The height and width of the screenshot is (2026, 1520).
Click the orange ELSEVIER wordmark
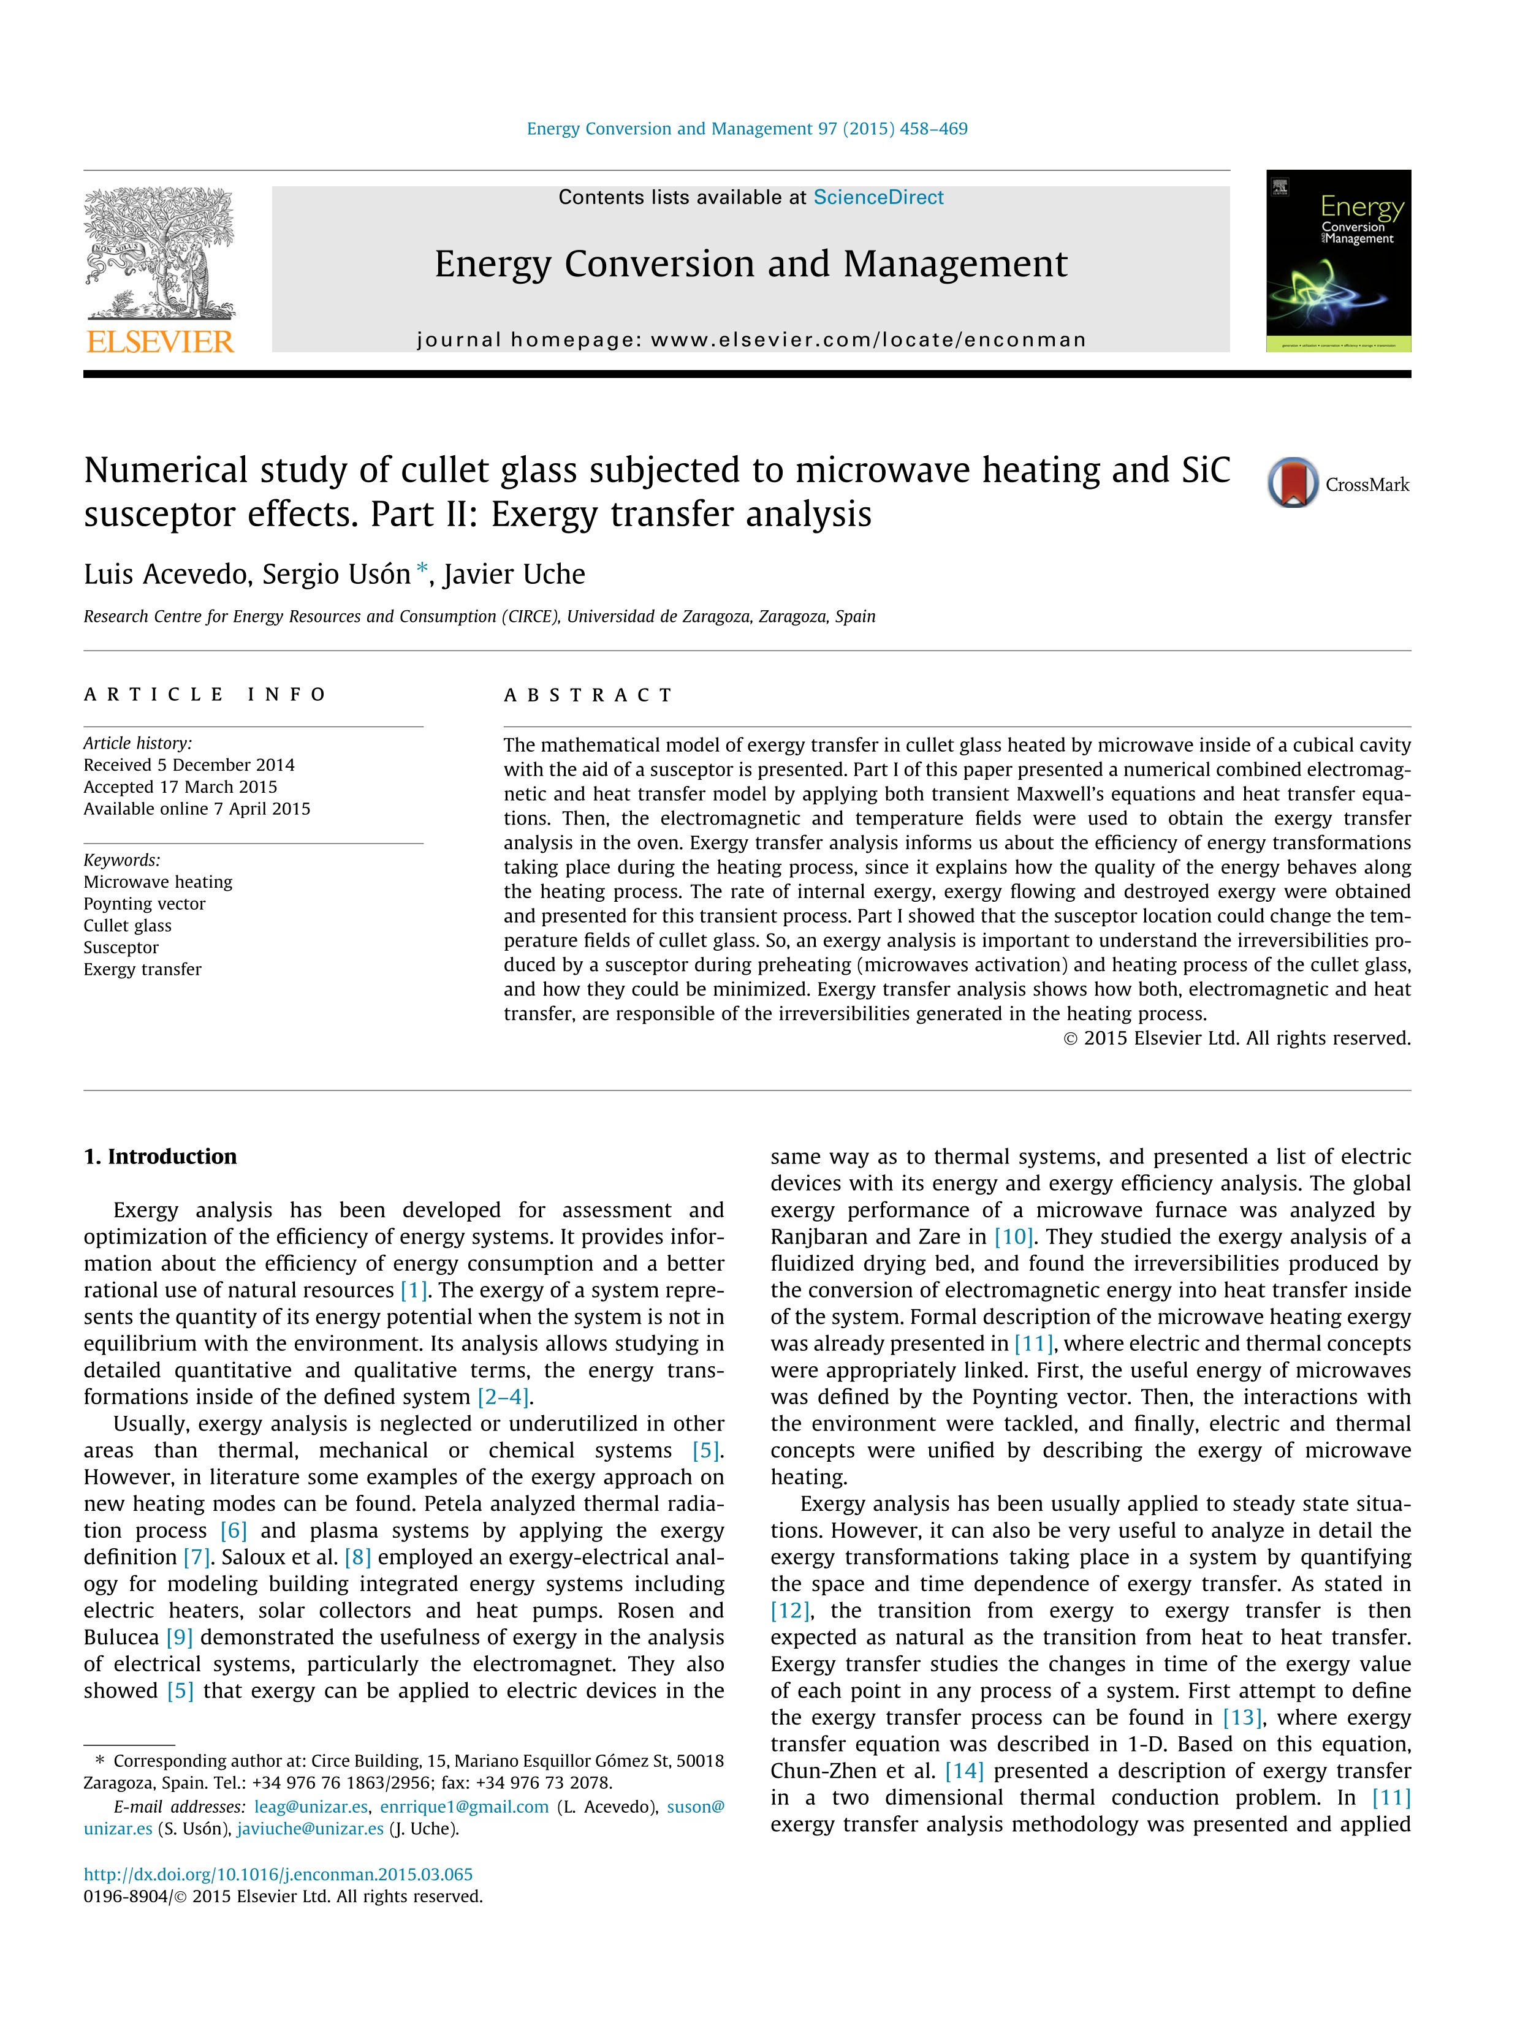tap(161, 342)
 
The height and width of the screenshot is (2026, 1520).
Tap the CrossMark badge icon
tap(1293, 483)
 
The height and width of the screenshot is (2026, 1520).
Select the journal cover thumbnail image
tap(1338, 260)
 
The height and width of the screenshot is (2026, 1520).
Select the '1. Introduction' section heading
tap(161, 1156)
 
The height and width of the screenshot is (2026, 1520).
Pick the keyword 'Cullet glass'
tap(127, 925)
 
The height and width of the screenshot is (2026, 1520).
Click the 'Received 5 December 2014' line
tap(189, 765)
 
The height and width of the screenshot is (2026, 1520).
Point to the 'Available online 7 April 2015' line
tap(197, 809)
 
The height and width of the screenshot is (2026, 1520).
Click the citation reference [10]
tap(1013, 1236)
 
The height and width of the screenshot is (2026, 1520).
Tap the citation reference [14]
tap(964, 1771)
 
